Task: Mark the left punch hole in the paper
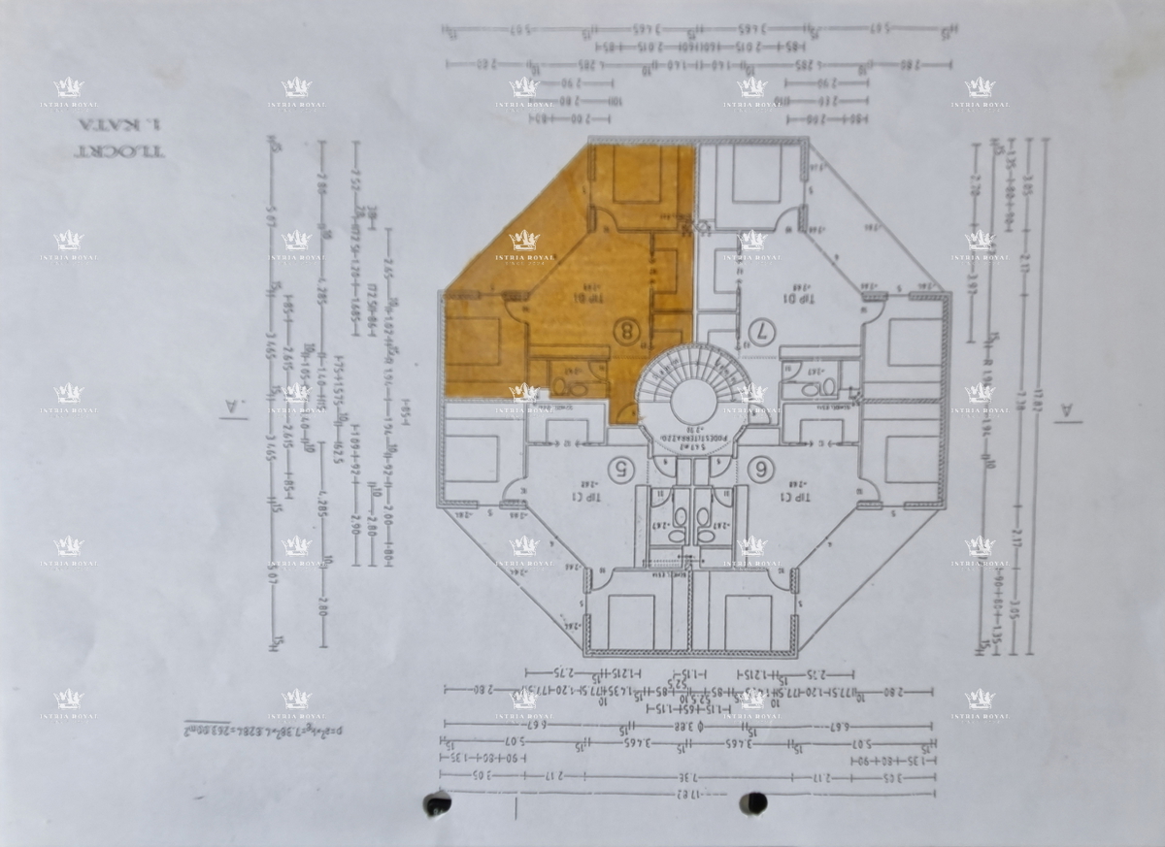pos(438,803)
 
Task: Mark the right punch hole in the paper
pos(753,802)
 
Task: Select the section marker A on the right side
pos(1069,411)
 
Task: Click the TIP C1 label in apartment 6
pos(796,496)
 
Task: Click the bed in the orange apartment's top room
pos(637,175)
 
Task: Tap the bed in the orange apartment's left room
pos(473,341)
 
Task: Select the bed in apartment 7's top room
pos(755,174)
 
